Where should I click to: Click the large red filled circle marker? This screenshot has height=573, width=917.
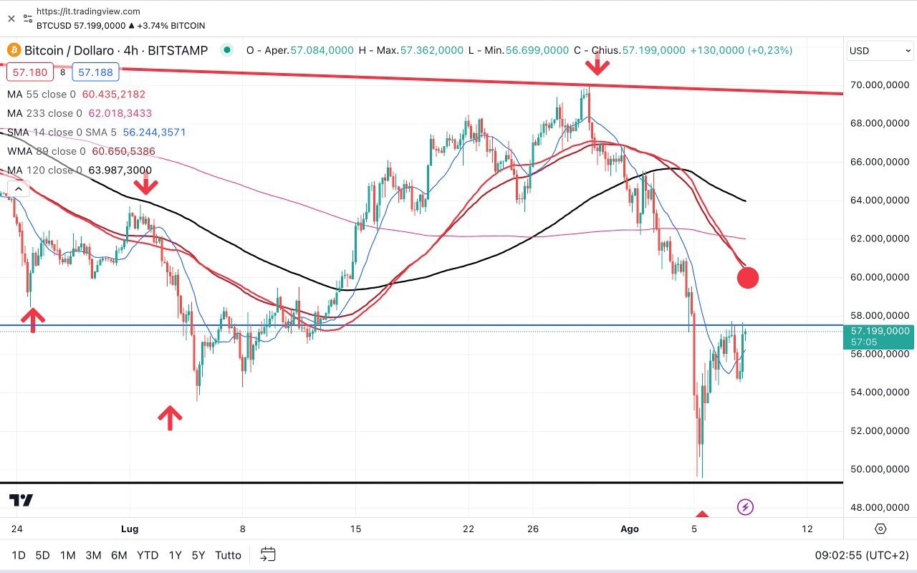click(747, 277)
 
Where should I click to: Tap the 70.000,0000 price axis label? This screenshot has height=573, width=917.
click(879, 85)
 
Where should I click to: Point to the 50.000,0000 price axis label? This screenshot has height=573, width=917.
click(879, 469)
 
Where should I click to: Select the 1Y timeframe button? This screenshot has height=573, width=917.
click(175, 555)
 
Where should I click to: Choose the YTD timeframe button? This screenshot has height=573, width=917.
click(148, 555)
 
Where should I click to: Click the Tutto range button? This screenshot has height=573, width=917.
click(228, 555)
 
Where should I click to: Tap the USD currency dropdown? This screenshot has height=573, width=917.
click(880, 51)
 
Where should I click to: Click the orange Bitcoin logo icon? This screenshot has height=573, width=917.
click(14, 50)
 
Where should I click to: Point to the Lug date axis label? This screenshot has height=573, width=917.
click(130, 529)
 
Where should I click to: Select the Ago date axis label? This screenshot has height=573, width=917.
click(629, 529)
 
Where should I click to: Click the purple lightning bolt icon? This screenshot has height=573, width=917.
click(745, 508)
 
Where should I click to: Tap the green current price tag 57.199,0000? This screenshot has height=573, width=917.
click(879, 331)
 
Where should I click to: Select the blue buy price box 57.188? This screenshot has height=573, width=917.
click(95, 72)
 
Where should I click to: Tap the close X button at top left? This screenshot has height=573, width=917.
click(11, 19)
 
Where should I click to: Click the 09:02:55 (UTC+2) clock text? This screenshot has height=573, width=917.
click(862, 555)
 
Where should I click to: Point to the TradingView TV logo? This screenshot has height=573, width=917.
click(21, 500)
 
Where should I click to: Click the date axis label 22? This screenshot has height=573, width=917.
click(469, 529)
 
